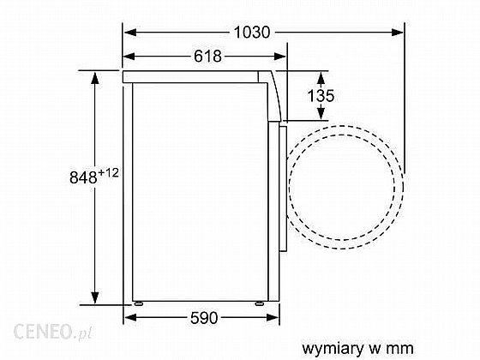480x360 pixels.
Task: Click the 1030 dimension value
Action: [252, 33]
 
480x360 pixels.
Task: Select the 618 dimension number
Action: [207, 57]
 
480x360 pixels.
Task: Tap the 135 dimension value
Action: [321, 96]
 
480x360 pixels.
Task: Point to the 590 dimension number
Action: [204, 318]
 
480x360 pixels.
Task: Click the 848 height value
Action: [83, 177]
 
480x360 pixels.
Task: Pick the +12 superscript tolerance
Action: [108, 173]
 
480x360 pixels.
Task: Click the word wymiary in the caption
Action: [333, 349]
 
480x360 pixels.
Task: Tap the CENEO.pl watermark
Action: [53, 332]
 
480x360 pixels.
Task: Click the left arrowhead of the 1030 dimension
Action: [130, 33]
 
